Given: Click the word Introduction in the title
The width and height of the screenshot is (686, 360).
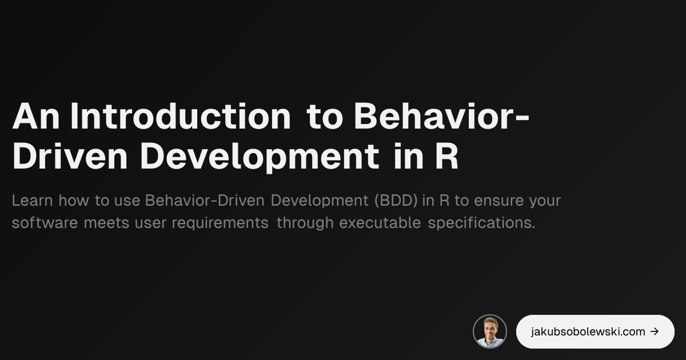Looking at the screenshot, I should pos(180,117).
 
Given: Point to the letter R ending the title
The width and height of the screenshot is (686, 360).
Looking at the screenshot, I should pos(446,157).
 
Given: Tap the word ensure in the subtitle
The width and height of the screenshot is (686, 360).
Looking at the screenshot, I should pos(498,201).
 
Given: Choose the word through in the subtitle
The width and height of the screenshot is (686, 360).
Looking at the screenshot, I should pos(305,223).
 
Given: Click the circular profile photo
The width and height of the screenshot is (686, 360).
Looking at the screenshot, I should pos(490,331).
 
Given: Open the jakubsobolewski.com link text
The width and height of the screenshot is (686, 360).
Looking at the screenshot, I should pos(588,331).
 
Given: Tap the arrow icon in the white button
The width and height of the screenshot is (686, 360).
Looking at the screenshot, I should pos(655,331).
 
